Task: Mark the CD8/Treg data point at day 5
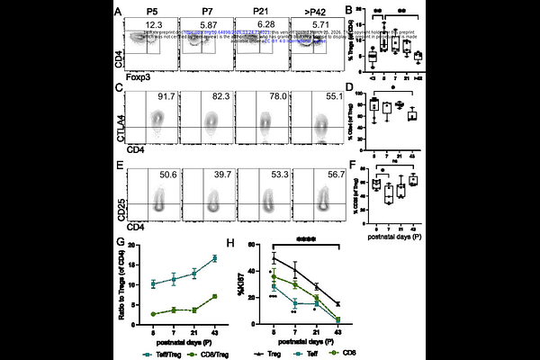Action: (152, 314)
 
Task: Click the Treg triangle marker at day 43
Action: (337, 304)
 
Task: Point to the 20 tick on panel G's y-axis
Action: (133, 245)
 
